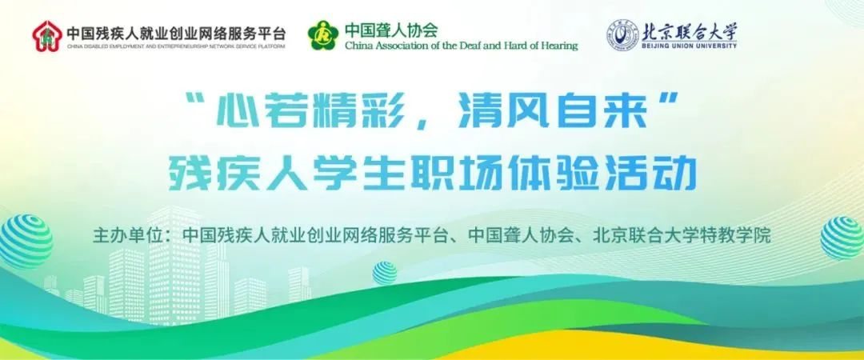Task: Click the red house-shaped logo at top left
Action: coord(47,34)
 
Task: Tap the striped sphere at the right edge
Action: coord(842,238)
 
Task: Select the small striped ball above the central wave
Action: coord(385,273)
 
